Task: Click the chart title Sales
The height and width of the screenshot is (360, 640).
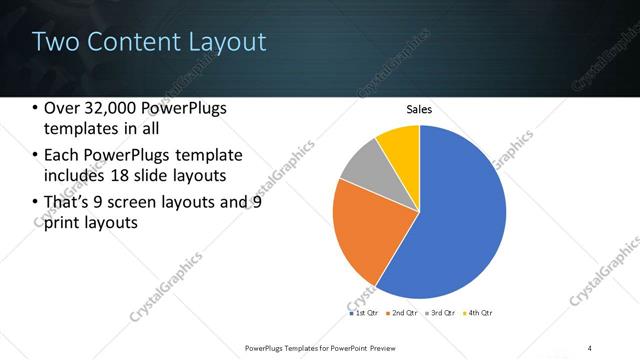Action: [x=418, y=109]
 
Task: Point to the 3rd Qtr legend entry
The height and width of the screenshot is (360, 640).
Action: [x=441, y=314]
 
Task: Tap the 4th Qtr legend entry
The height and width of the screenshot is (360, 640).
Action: [x=480, y=314]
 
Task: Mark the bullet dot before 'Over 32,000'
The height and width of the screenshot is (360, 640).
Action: [x=36, y=108]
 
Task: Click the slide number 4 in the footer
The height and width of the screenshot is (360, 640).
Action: [x=590, y=348]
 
